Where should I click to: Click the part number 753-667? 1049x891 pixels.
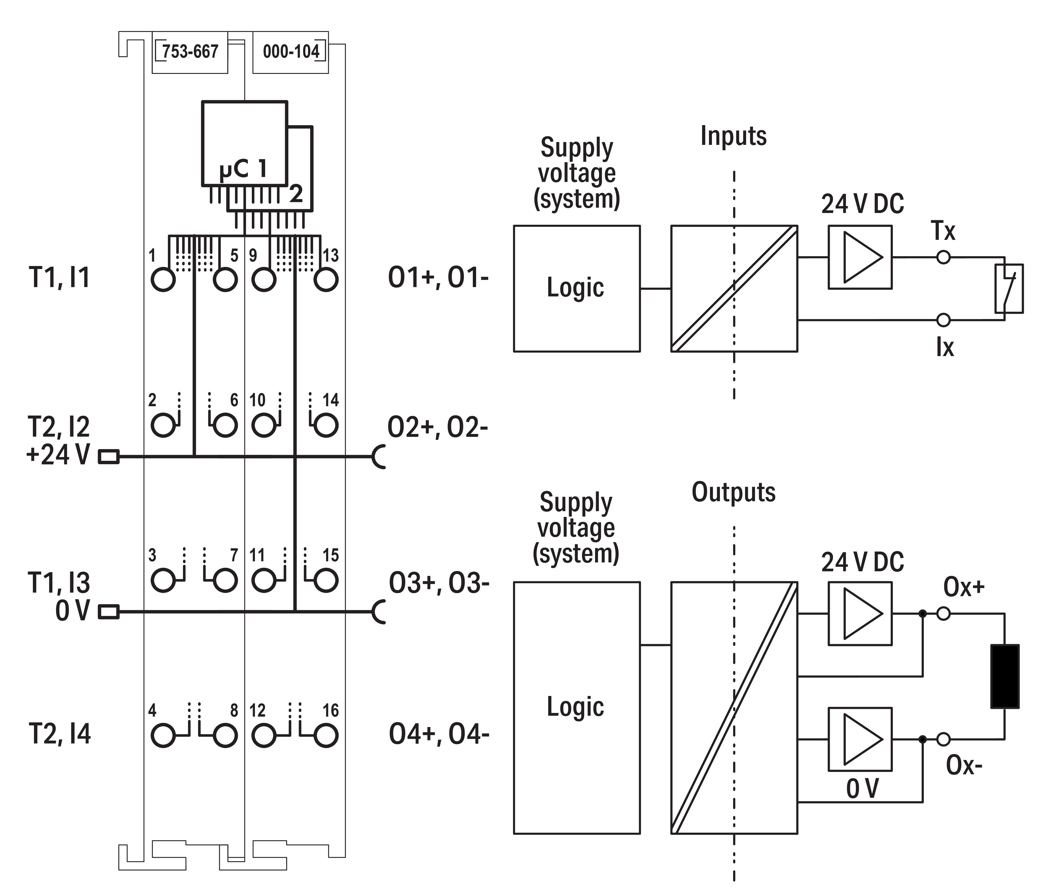[190, 51]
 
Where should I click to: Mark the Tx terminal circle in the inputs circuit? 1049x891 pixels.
[943, 258]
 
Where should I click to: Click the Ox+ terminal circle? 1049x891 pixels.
[943, 614]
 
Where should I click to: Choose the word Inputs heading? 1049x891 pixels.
[733, 136]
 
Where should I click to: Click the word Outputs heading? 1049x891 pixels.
[733, 493]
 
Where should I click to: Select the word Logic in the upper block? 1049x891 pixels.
[575, 288]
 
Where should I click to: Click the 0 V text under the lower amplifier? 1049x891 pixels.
[862, 789]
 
